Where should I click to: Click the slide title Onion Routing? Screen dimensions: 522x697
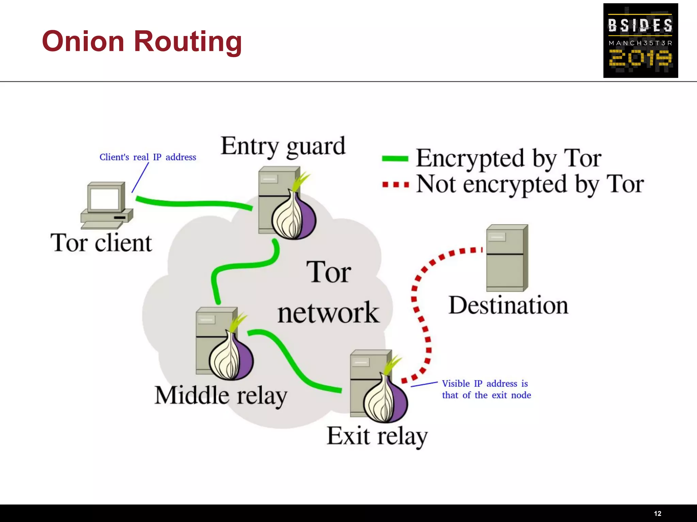pyautogui.click(x=142, y=41)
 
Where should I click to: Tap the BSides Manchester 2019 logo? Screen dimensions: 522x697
pyautogui.click(x=640, y=40)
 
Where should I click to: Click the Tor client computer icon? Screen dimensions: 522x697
pyautogui.click(x=106, y=205)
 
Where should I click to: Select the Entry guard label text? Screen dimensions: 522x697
pyautogui.click(x=283, y=146)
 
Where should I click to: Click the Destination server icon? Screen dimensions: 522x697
pyautogui.click(x=507, y=258)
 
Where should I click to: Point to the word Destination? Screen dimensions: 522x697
pyautogui.click(x=508, y=305)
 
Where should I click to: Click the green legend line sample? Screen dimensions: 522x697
pyautogui.click(x=395, y=158)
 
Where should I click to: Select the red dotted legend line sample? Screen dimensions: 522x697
pyautogui.click(x=395, y=185)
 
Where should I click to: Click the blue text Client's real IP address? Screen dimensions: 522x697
pyautogui.click(x=148, y=157)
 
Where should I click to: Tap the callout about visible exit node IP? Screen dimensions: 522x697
pyautogui.click(x=486, y=389)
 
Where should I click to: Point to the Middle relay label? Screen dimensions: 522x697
pyautogui.click(x=221, y=396)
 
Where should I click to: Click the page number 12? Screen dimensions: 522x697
pyautogui.click(x=658, y=514)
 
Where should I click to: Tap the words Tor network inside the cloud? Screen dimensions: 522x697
pyautogui.click(x=328, y=292)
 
